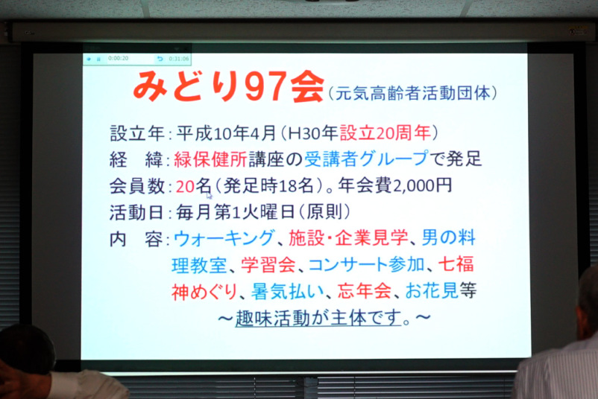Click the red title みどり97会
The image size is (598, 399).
228,86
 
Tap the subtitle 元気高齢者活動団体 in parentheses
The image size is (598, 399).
412,93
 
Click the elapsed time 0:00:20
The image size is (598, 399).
118,58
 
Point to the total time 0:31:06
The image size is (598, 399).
179,59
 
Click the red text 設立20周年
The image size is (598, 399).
385,133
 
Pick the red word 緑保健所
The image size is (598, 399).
210,159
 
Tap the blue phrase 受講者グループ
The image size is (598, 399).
366,159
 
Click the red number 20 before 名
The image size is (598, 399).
186,186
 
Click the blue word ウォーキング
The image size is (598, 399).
224,239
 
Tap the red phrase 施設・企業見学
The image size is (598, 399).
348,238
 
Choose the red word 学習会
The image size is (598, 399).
268,264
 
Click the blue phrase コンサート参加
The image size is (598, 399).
366,264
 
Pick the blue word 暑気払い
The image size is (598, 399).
287,291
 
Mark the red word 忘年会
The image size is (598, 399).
364,291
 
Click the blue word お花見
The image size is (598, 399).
432,291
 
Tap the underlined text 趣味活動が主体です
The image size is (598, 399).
318,318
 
